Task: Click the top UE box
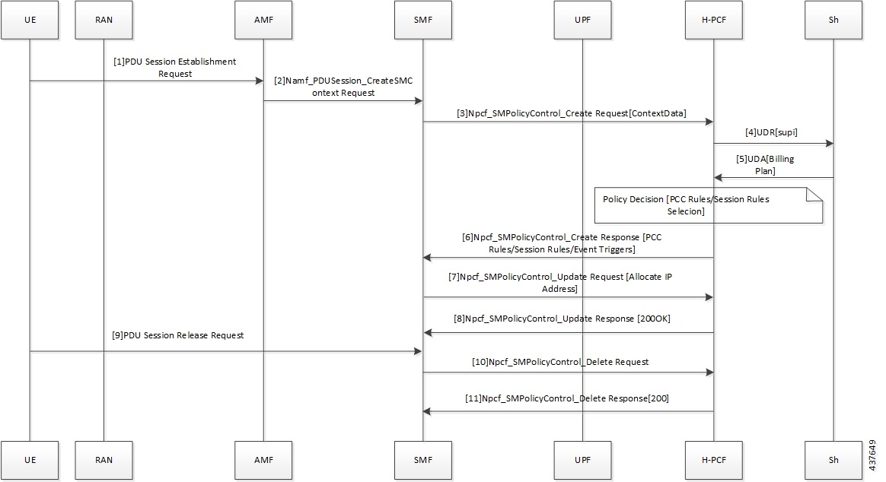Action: click(x=30, y=21)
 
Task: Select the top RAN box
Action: click(x=104, y=21)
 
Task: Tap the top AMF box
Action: click(x=263, y=21)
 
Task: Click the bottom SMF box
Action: click(x=422, y=460)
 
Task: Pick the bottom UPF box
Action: click(x=582, y=460)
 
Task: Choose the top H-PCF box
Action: click(x=713, y=21)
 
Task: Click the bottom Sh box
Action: click(x=833, y=460)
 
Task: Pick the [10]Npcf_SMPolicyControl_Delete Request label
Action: click(x=561, y=362)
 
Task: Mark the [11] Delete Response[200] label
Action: click(x=567, y=398)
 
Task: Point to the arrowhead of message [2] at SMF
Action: click(x=418, y=101)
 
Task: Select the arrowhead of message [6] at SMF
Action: click(x=428, y=258)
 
